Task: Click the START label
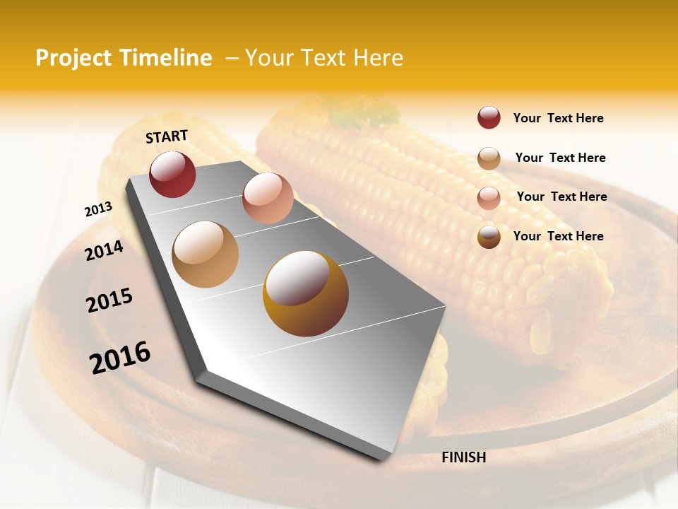click(167, 136)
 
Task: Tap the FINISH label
click(463, 457)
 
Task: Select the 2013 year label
click(99, 209)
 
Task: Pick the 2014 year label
click(105, 250)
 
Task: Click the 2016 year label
click(120, 357)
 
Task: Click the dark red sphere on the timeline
click(172, 174)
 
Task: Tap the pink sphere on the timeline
click(268, 198)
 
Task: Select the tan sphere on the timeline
click(206, 254)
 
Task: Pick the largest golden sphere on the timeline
click(306, 293)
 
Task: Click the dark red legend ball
click(489, 118)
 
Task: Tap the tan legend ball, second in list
click(489, 158)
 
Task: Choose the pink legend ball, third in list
click(489, 197)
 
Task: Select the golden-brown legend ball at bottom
click(489, 237)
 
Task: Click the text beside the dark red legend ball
click(558, 118)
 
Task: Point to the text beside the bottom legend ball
click(558, 236)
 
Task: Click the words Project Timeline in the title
click(124, 58)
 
